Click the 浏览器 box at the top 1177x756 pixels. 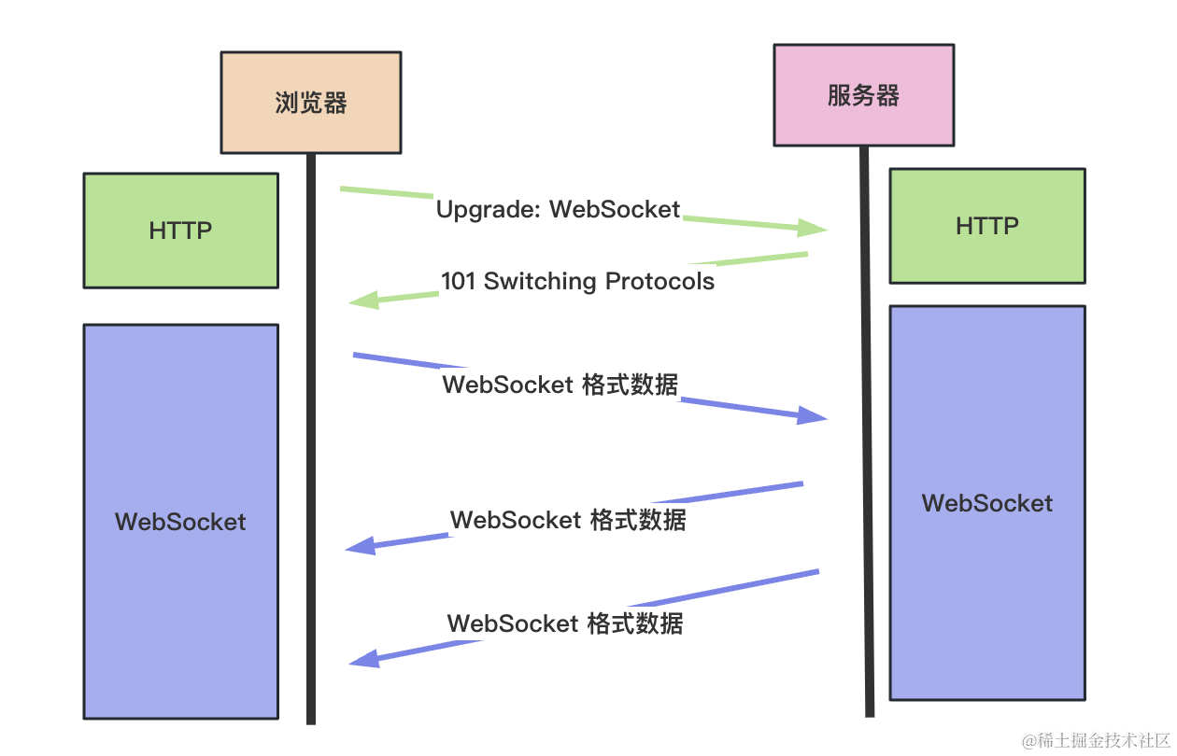(311, 103)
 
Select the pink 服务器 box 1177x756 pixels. (863, 95)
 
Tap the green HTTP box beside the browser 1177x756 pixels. (180, 231)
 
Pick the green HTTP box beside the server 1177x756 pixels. (987, 226)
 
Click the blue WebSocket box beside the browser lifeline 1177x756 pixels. (180, 522)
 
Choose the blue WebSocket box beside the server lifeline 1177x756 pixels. (987, 503)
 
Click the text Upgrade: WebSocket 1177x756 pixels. (559, 209)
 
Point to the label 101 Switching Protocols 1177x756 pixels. (577, 281)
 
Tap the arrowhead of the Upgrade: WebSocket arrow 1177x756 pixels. (813, 227)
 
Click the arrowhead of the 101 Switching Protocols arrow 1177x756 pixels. (362, 301)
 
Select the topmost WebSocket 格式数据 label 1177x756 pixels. (560, 385)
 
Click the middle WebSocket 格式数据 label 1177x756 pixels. (568, 520)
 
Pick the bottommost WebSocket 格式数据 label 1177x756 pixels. (565, 623)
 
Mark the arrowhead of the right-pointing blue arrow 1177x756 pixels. (812, 416)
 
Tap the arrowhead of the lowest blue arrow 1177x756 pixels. (364, 659)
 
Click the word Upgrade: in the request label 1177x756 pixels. (489, 209)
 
